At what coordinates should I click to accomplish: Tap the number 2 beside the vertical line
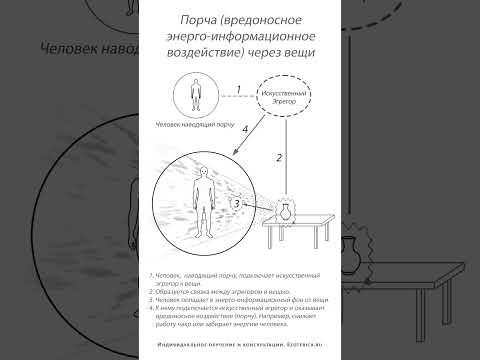tap(280, 157)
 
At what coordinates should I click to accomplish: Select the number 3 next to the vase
tap(236, 203)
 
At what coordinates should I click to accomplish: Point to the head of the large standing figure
tap(203, 172)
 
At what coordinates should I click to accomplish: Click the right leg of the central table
tap(325, 241)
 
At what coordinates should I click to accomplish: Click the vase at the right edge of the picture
tap(351, 246)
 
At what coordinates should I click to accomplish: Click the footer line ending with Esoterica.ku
tap(239, 342)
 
